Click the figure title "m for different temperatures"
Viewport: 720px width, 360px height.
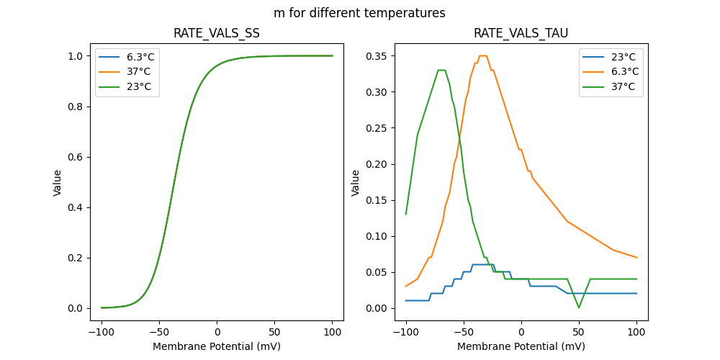click(x=359, y=13)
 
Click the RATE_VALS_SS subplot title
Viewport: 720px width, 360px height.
click(x=217, y=34)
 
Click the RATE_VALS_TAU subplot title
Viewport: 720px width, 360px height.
click(x=521, y=34)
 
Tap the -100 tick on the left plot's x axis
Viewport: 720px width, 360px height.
click(x=102, y=333)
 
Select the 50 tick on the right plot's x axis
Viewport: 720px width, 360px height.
click(x=579, y=333)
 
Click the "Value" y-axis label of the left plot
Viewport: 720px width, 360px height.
click(x=58, y=183)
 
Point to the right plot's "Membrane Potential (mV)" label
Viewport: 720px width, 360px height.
click(x=521, y=346)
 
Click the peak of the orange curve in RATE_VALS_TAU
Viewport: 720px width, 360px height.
click(x=482, y=56)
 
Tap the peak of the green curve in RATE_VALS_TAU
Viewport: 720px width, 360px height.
click(x=441, y=71)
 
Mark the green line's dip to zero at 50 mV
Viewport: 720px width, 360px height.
click(x=579, y=307)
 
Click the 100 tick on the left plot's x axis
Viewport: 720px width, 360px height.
click(x=333, y=333)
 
